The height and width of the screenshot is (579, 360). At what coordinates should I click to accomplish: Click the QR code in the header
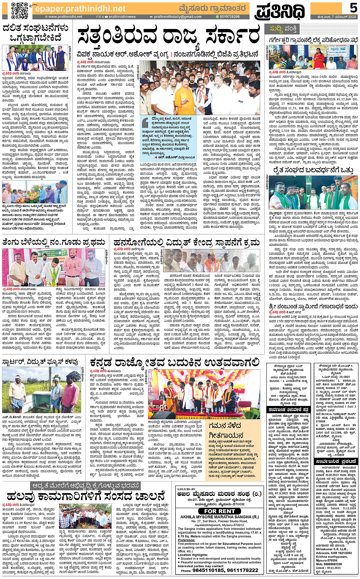coord(19,10)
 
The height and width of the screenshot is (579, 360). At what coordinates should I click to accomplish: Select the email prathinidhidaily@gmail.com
coord(177,17)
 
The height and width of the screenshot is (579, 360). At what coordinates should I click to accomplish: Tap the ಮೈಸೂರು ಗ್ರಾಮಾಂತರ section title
coord(212,8)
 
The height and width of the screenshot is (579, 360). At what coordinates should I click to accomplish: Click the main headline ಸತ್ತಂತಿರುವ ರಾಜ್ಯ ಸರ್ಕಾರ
coord(169,37)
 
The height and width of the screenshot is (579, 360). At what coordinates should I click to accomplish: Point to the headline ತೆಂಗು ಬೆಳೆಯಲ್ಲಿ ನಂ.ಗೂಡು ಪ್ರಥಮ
coord(54,242)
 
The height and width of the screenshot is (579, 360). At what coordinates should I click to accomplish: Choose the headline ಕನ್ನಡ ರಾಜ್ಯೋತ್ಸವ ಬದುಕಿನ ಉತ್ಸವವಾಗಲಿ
coord(175,362)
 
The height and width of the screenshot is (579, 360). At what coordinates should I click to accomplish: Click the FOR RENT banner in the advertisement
coord(219,511)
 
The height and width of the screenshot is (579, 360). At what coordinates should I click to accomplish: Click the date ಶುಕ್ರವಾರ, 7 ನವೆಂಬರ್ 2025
coord(334,17)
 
